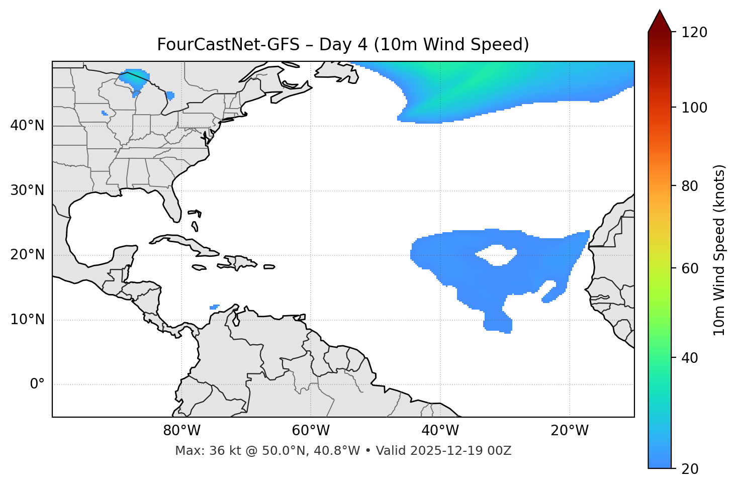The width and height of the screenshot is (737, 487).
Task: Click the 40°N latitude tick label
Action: tap(27, 126)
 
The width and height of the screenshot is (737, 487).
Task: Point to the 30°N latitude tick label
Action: tap(27, 190)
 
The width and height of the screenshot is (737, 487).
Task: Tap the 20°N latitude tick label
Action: tap(27, 255)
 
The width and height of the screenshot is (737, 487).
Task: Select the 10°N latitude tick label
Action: tap(27, 320)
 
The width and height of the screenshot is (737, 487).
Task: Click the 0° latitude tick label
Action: tap(37, 384)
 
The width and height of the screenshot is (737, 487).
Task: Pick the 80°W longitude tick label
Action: tap(181, 431)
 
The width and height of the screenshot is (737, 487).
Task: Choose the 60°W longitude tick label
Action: tap(311, 431)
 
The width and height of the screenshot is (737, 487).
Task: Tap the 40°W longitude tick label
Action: tap(440, 431)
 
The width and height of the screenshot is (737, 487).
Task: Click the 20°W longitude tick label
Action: tap(570, 431)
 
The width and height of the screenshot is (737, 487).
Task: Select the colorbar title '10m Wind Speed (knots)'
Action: tap(719, 250)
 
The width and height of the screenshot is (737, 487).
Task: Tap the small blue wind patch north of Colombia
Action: tap(214, 307)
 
